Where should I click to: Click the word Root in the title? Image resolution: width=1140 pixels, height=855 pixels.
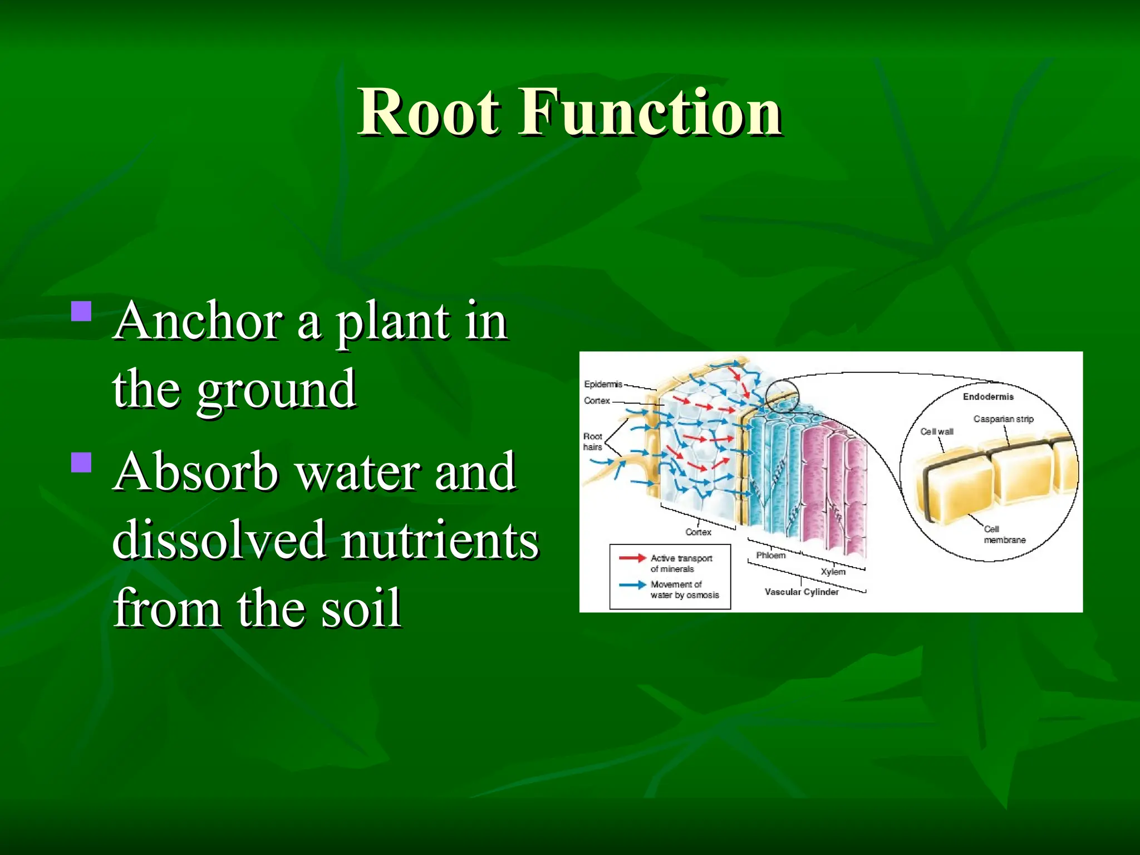429,112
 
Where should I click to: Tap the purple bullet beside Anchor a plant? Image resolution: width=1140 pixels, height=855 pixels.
82,312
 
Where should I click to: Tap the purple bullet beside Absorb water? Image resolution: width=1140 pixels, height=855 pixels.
82,462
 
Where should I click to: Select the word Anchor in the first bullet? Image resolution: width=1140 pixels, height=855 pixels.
198,322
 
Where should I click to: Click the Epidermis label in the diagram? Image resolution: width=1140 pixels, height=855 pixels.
603,384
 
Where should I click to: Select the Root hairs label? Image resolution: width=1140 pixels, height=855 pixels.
593,441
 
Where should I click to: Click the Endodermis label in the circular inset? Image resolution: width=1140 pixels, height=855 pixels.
988,396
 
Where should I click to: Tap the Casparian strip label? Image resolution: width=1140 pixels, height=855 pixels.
1003,419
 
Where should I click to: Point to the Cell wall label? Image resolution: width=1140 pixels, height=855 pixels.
937,431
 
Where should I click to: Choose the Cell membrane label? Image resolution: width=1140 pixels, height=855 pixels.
1004,534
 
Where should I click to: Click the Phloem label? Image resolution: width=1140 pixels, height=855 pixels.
770,555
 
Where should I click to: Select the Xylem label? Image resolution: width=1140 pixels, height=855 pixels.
833,572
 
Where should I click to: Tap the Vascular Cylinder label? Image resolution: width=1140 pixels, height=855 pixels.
801,592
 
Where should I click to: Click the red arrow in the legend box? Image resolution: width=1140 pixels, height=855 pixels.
632,558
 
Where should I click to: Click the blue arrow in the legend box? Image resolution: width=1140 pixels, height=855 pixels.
632,584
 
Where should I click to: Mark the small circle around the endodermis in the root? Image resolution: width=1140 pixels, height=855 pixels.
782,396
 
